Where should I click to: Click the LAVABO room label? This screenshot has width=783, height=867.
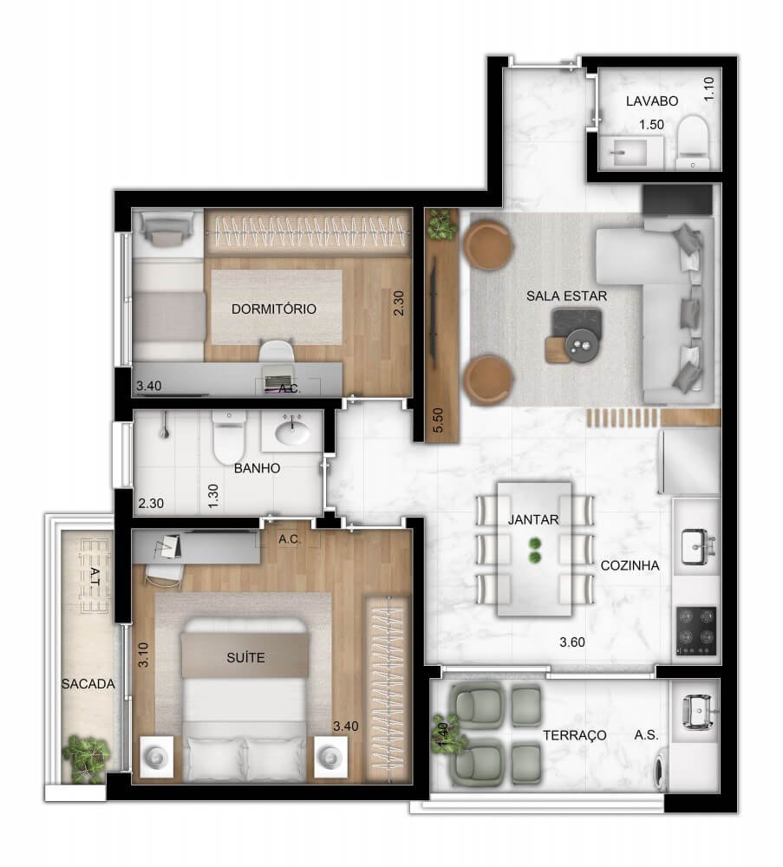(652, 101)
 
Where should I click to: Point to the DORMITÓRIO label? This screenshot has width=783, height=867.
(273, 309)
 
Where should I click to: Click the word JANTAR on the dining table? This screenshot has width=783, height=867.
(533, 520)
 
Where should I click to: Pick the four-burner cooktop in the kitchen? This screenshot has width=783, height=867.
(696, 629)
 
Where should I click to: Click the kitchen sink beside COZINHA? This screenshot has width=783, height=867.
(696, 545)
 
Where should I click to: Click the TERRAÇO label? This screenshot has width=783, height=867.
(574, 734)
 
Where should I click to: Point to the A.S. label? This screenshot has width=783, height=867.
(646, 734)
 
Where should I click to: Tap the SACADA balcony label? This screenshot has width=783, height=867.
(88, 683)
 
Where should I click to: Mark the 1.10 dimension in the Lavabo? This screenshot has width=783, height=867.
(709, 90)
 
